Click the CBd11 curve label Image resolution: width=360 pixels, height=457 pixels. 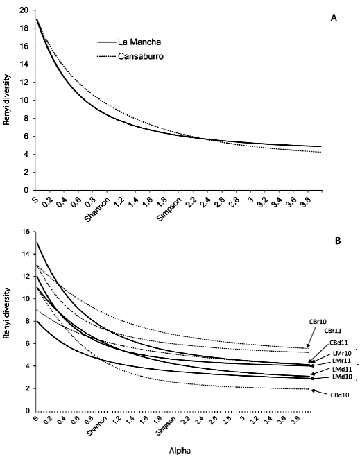coord(338,342)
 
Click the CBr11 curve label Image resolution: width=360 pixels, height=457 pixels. coord(336,331)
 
